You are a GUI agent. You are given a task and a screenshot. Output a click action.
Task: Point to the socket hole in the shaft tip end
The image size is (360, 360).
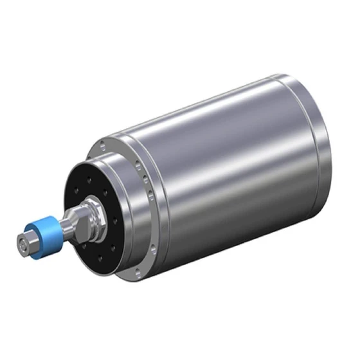coord(22,244)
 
